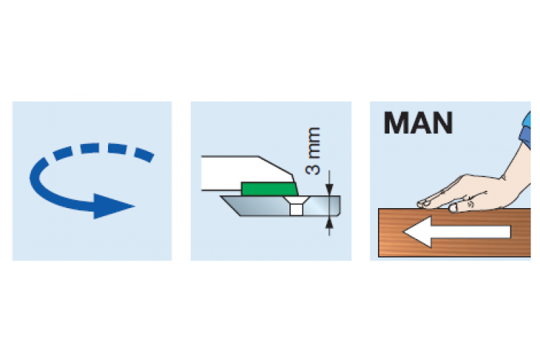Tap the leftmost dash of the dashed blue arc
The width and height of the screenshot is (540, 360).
point(62,153)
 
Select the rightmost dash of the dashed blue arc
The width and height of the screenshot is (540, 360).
point(144,155)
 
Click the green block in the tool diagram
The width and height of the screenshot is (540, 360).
point(269,189)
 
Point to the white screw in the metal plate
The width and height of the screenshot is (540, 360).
point(296,206)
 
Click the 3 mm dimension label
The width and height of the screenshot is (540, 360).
point(313,151)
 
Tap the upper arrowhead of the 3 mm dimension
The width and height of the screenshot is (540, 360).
point(329,189)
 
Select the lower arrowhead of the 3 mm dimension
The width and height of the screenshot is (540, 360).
point(329,222)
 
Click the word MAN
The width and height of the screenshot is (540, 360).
point(418,123)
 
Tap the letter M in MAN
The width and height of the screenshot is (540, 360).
point(396,123)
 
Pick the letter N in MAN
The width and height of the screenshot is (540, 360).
point(443,123)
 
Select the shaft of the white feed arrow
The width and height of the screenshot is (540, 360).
point(471,232)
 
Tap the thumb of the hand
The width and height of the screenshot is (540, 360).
point(462,207)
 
